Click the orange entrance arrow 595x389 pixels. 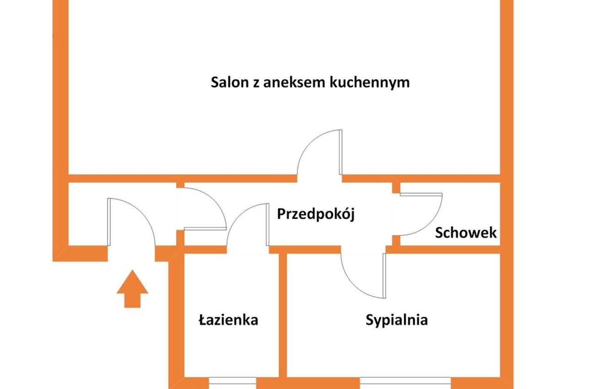coord(132,289)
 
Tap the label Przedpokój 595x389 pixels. coord(316,214)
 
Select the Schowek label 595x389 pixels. coord(466,233)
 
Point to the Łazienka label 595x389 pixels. coord(228,320)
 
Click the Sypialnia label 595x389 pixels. coord(396,320)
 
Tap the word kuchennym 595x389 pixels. coord(369,82)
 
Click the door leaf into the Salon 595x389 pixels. coord(341,152)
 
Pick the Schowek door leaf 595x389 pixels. coord(421,194)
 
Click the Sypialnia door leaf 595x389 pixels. coord(384,276)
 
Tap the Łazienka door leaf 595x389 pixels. coord(267,225)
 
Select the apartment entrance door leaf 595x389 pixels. coord(108,222)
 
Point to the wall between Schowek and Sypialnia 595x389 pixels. coord(443,249)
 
